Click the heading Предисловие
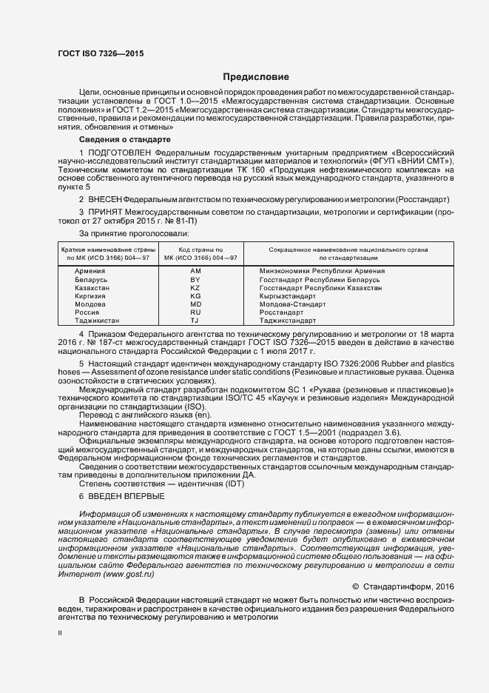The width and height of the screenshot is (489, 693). (x=257, y=77)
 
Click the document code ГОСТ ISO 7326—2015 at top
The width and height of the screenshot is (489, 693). (x=101, y=54)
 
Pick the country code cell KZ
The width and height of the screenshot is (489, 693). (x=195, y=288)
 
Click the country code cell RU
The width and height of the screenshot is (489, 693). (x=195, y=312)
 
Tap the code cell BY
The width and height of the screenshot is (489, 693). (x=195, y=280)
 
